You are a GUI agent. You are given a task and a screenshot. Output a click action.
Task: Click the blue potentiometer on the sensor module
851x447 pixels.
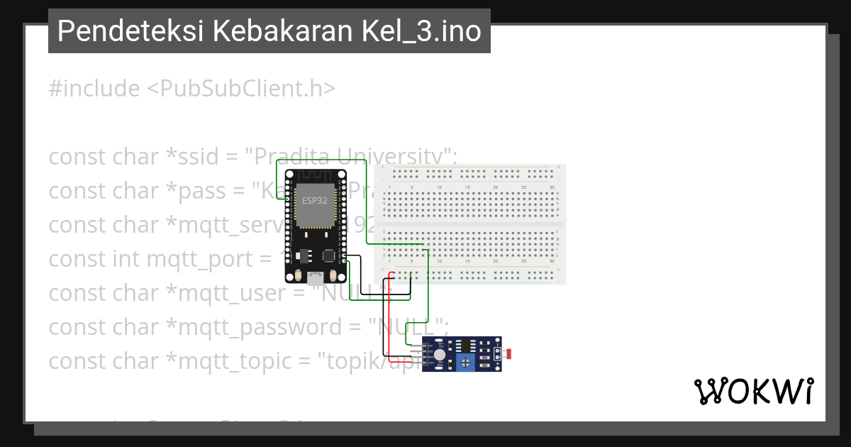(x=465, y=363)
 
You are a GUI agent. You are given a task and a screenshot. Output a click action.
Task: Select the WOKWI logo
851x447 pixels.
(x=753, y=391)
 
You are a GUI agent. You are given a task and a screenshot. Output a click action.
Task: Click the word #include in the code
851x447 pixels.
(x=94, y=89)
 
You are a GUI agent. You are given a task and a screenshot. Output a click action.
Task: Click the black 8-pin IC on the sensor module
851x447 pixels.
(x=466, y=346)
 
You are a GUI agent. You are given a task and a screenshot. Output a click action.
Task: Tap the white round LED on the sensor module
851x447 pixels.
(x=440, y=354)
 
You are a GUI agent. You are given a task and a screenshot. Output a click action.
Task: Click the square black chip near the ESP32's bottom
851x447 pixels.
(x=328, y=255)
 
